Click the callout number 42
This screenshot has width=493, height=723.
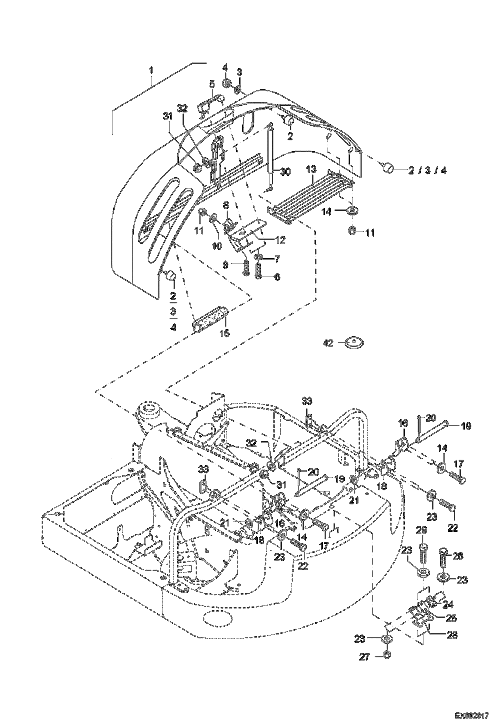pyautogui.click(x=328, y=343)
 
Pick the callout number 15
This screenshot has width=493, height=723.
pyautogui.click(x=224, y=333)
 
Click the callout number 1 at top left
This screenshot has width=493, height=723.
pyautogui.click(x=151, y=70)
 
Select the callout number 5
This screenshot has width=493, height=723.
pyautogui.click(x=212, y=84)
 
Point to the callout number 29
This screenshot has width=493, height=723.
pyautogui.click(x=422, y=530)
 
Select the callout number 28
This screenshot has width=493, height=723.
pyautogui.click(x=453, y=635)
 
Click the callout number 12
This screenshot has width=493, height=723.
pyautogui.click(x=280, y=240)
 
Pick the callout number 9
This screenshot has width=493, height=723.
pyautogui.click(x=225, y=264)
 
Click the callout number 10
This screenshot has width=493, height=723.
pyautogui.click(x=217, y=246)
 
